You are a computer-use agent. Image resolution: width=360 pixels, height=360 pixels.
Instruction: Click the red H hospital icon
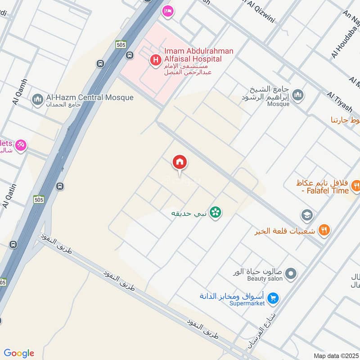pyautogui.click(x=155, y=59)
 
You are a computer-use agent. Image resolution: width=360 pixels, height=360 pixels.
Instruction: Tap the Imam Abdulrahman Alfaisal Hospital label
pyautogui.click(x=199, y=55)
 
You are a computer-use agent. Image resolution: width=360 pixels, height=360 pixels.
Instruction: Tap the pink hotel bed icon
pyautogui.click(x=167, y=11)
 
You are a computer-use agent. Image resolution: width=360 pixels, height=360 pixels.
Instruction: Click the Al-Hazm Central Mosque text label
pyautogui.click(x=90, y=98)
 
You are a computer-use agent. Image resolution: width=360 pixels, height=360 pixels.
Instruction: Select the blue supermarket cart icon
pyautogui.click(x=272, y=298)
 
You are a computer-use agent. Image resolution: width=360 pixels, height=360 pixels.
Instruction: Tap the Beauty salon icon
pyautogui.click(x=291, y=273)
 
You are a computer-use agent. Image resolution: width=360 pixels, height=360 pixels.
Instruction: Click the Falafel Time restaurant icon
pyautogui.click(x=355, y=185)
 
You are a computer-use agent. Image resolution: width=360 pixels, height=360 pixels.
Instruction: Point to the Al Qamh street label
pyautogui.click(x=21, y=92)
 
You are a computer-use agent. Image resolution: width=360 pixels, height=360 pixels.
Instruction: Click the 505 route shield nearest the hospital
pyautogui.click(x=121, y=45)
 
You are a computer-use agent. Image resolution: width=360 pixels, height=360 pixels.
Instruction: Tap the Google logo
pyautogui.click(x=19, y=353)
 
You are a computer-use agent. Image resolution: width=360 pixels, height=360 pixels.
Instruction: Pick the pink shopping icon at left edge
pyautogui.click(x=20, y=145)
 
